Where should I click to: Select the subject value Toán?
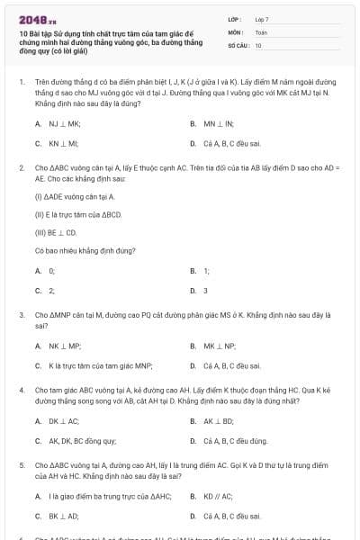261,31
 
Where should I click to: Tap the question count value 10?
258,44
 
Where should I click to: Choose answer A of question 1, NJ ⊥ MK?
64,122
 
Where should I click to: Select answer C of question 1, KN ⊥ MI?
64,142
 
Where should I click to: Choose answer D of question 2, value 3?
205,290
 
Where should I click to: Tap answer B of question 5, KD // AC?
218,496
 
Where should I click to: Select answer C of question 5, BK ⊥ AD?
63,516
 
